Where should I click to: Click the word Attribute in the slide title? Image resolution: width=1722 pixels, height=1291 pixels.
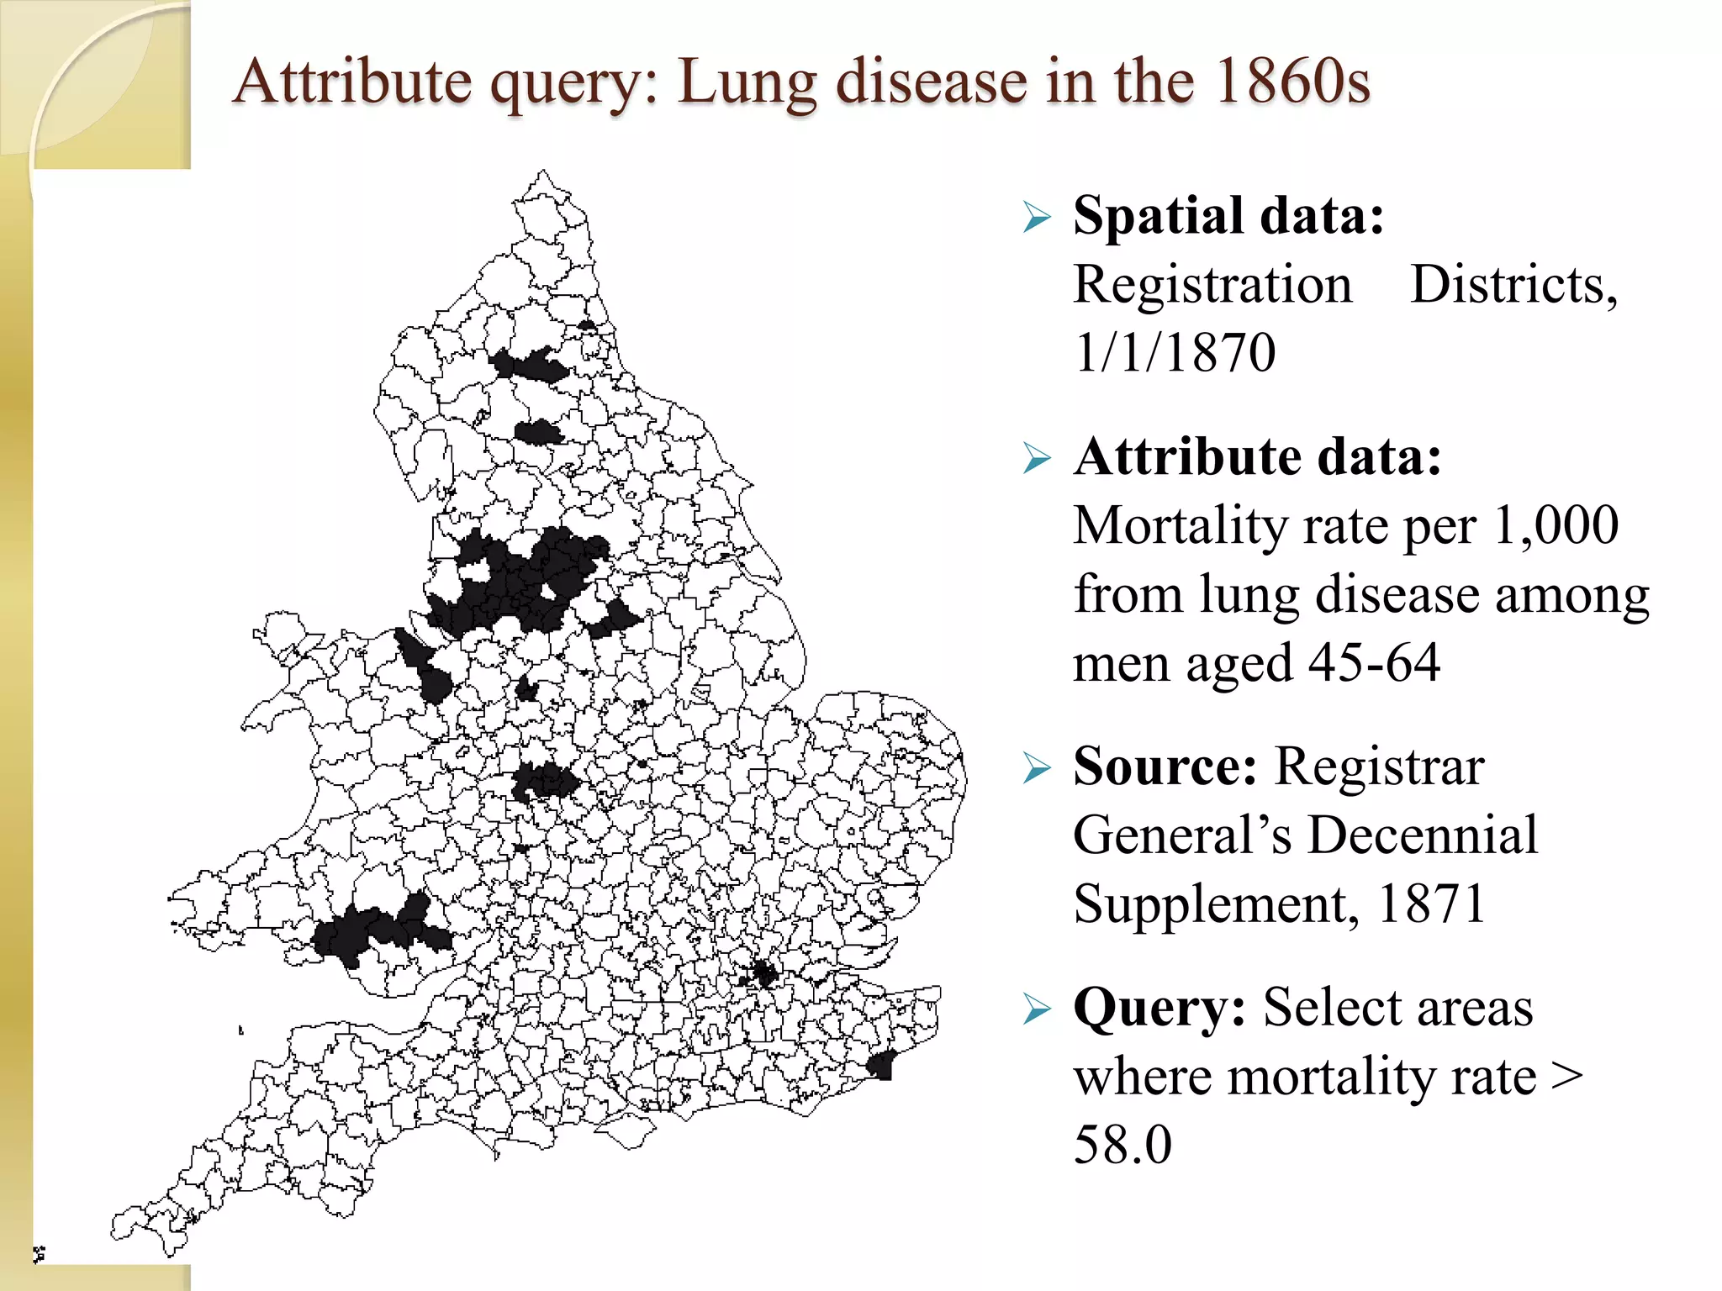click(352, 82)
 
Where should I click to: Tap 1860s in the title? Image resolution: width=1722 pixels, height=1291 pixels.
click(1291, 82)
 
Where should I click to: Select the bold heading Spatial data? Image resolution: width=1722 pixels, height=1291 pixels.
click(1228, 216)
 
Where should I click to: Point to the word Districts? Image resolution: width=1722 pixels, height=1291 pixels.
click(1513, 285)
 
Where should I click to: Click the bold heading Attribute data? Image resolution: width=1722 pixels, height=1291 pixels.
click(1257, 457)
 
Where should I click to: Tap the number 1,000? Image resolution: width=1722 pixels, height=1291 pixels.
click(1556, 526)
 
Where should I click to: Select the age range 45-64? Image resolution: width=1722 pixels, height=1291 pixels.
click(1374, 664)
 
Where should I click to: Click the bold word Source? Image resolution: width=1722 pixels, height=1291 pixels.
click(1165, 767)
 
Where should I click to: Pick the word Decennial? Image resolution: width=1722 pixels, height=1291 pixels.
click(1422, 835)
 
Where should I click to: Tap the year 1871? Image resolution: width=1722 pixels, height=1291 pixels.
click(1431, 904)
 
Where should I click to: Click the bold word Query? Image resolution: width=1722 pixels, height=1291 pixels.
click(1159, 1008)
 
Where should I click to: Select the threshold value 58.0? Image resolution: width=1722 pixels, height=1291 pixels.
click(1122, 1145)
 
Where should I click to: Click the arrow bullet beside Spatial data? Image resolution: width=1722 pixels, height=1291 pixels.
click(1037, 218)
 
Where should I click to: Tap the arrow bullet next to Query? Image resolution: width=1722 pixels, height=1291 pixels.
click(1037, 1009)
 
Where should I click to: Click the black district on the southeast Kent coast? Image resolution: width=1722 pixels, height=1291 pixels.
click(880, 1066)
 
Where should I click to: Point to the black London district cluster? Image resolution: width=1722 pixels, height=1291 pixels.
click(763, 974)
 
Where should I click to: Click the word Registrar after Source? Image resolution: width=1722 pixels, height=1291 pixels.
click(1379, 767)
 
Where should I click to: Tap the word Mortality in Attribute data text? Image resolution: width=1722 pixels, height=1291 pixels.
click(1180, 526)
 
